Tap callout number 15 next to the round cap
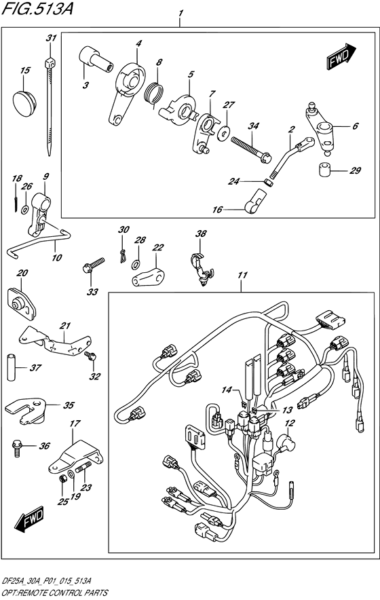pos(25,71)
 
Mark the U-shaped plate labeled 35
pos(25,410)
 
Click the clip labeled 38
pos(200,265)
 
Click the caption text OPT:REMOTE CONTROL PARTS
pos(54,593)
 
